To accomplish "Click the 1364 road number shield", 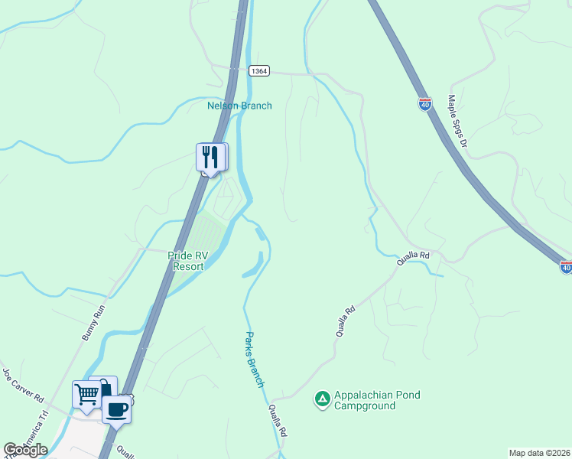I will click(x=259, y=71).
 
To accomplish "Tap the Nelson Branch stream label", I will click(x=239, y=106).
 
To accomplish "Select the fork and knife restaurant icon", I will click(x=209, y=157).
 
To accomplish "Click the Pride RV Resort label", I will click(x=187, y=261).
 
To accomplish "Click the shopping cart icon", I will click(x=86, y=396).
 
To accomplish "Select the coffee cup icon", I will click(x=116, y=409).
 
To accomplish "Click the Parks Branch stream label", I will click(x=255, y=359).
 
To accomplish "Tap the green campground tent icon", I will click(x=323, y=399).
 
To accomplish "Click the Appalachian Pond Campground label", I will click(x=377, y=400).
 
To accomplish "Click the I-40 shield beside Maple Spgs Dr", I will click(x=424, y=103).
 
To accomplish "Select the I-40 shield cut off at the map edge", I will click(x=565, y=267).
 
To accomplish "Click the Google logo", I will click(x=25, y=450).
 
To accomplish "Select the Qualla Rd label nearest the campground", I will click(x=278, y=421).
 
